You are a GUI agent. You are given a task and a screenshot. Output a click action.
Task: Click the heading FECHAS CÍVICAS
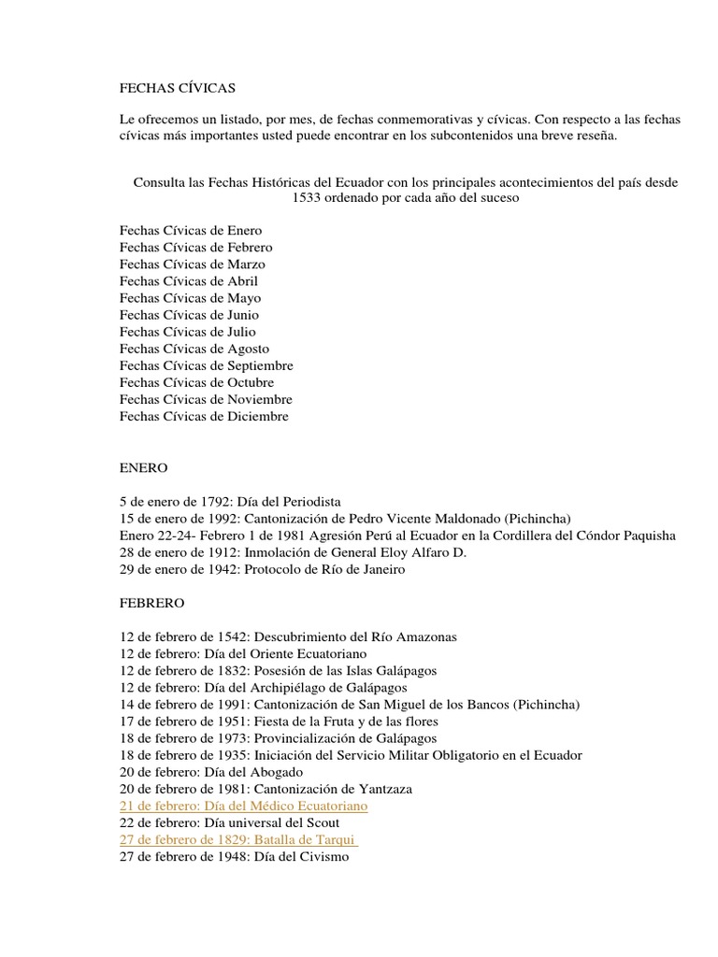[x=178, y=88]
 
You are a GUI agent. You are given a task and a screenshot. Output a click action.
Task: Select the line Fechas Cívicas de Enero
[x=191, y=231]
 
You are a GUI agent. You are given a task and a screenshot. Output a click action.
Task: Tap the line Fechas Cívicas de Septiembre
[x=206, y=365]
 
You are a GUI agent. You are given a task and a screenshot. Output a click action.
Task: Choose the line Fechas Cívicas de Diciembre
[x=204, y=416]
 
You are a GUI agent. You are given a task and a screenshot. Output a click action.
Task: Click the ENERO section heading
[x=143, y=467]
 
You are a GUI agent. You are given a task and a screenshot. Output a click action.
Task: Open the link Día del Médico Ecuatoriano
[x=291, y=806]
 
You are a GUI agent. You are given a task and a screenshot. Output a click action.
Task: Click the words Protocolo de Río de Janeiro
[x=327, y=569]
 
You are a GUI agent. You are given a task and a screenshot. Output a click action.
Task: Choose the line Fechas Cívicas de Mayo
[x=190, y=298]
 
